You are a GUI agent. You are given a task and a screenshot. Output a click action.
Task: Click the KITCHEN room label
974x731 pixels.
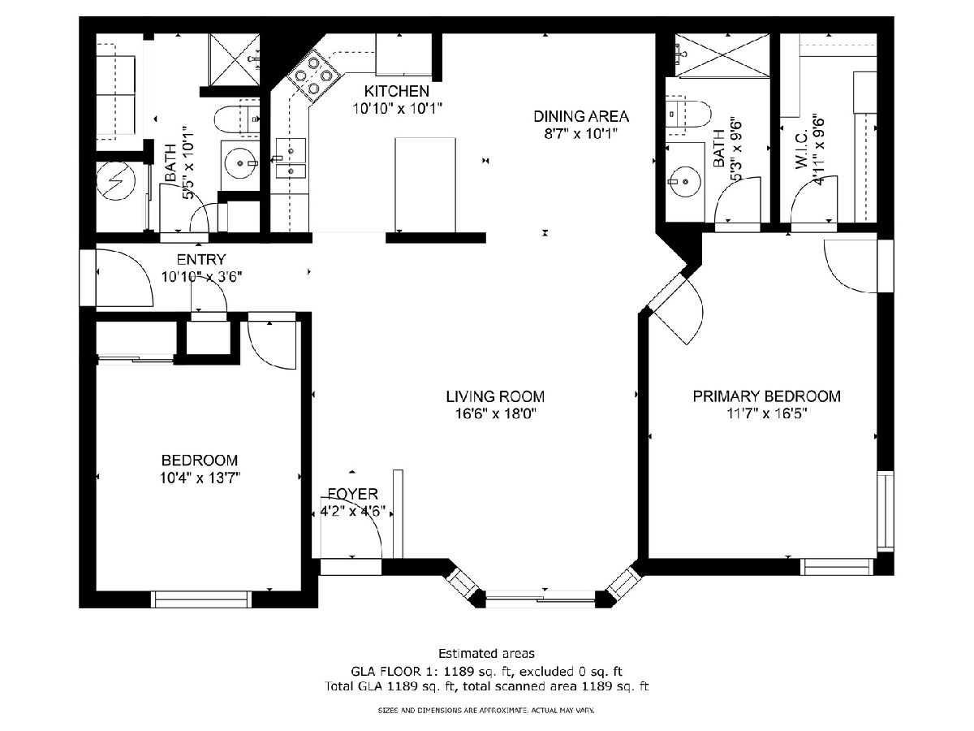tap(396, 92)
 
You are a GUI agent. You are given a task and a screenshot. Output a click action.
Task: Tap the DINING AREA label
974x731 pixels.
tap(581, 116)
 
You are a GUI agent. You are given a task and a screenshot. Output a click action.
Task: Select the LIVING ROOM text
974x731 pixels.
tap(495, 396)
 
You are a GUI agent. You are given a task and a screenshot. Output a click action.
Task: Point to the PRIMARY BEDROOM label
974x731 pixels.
tap(766, 396)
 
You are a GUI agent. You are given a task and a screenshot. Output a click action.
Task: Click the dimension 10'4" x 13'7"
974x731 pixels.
tap(200, 478)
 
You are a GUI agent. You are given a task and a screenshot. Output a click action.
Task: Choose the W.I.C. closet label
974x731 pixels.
tap(801, 150)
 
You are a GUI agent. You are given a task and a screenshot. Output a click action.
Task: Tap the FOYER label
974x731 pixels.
tap(353, 494)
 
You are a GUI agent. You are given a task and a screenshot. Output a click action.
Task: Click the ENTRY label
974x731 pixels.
tap(201, 259)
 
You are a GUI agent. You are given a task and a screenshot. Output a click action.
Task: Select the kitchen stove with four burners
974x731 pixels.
tap(315, 76)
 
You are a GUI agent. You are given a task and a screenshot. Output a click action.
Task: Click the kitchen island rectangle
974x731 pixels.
tap(425, 184)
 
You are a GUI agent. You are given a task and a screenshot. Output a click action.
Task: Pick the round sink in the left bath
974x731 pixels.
tap(239, 163)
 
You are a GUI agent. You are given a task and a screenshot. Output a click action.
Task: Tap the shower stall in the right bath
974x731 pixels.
tap(722, 55)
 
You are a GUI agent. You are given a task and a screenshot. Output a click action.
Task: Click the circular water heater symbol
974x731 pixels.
tap(116, 180)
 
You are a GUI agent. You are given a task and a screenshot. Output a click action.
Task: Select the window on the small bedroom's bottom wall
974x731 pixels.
tap(201, 599)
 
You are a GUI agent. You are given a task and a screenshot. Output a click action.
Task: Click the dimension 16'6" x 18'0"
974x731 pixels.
tap(496, 414)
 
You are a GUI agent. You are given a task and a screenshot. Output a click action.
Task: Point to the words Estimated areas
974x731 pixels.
tap(486, 654)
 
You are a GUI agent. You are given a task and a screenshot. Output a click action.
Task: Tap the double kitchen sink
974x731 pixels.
tap(291, 158)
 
